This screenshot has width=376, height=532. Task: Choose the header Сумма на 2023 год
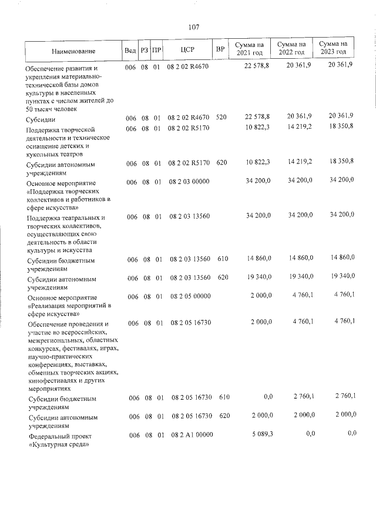[333, 49]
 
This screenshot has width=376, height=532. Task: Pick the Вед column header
[130, 51]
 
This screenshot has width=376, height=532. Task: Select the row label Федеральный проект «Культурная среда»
[59, 441]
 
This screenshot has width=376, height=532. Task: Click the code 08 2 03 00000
[189, 182]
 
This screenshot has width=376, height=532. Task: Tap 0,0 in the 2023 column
[352, 433]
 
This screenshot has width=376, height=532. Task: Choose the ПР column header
[156, 51]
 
